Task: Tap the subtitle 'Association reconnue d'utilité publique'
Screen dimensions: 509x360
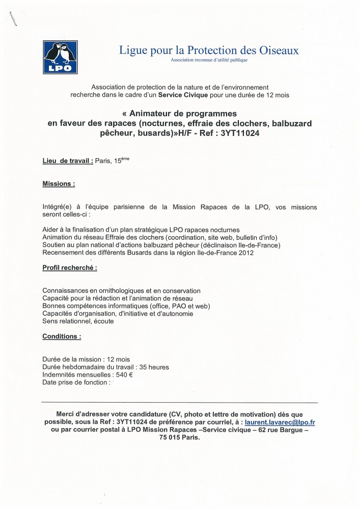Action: pos(209,61)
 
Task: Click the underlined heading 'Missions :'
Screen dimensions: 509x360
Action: pos(59,184)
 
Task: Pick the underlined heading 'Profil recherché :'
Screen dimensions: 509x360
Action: pos(70,267)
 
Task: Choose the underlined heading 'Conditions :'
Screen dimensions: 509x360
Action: pos(62,336)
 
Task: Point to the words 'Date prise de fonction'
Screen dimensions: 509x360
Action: pos(75,382)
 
